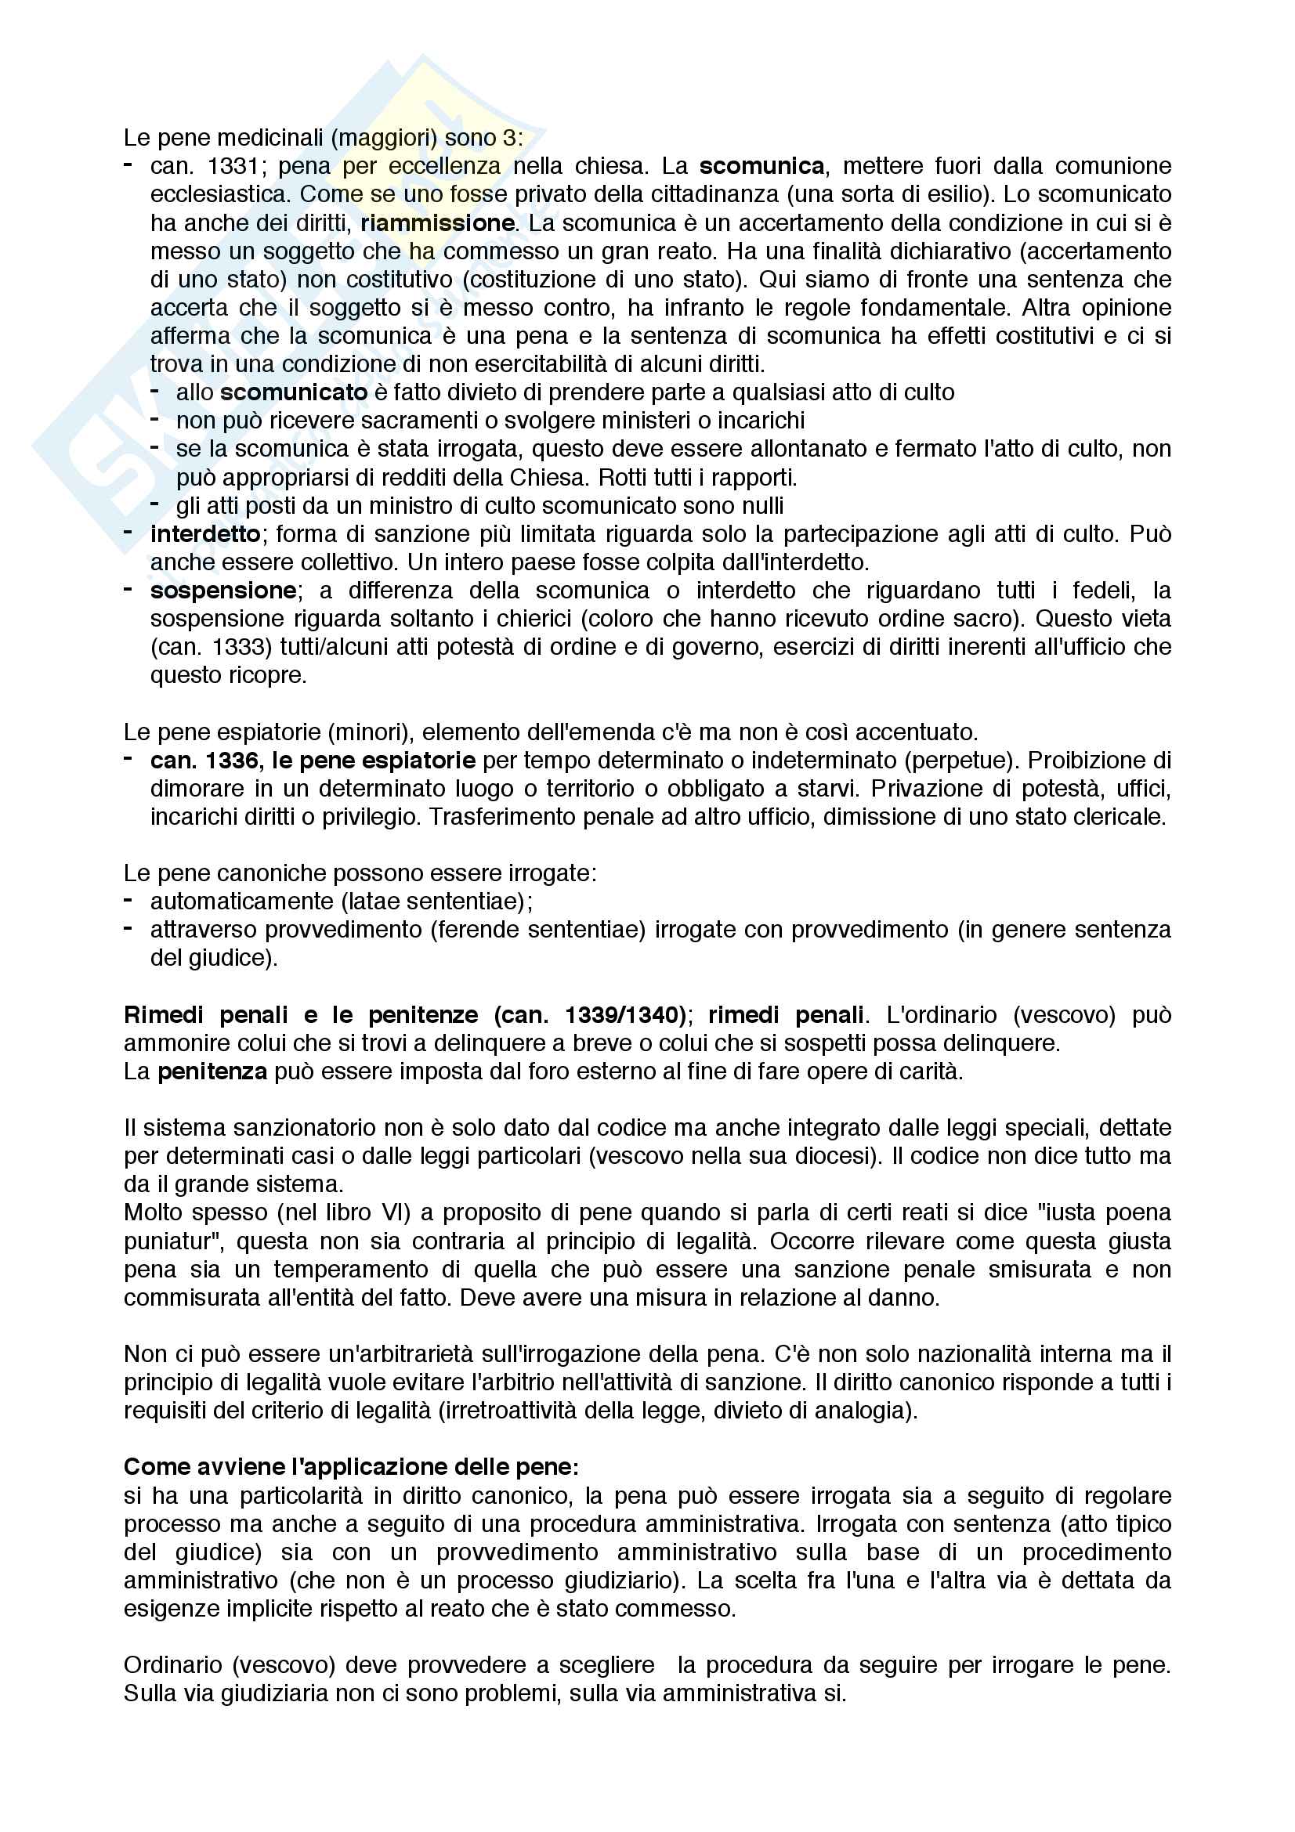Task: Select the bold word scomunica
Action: click(x=761, y=166)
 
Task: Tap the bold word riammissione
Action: click(x=437, y=222)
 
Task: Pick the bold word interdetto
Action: click(x=205, y=534)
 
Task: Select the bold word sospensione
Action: click(x=223, y=591)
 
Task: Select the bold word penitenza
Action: click(x=212, y=1071)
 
